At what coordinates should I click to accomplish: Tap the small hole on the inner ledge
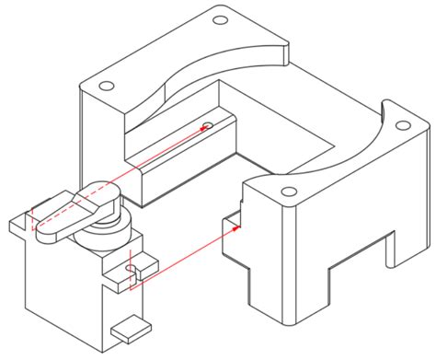208,124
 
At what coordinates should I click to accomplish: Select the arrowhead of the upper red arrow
204,128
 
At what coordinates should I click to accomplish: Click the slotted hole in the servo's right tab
132,269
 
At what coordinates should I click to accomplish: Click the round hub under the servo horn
108,230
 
